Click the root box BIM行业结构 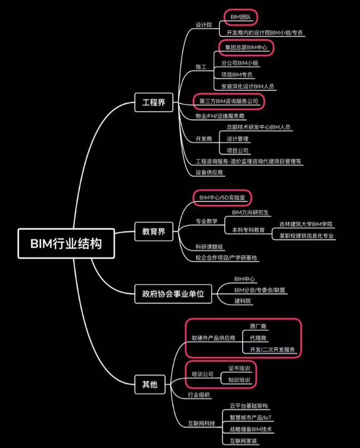[x=66, y=244]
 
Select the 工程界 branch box [x=154, y=102]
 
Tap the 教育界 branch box [x=154, y=231]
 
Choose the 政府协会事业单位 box [x=173, y=294]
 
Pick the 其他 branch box [x=150, y=385]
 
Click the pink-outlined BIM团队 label [x=241, y=17]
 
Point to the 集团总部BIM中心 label [x=246, y=47]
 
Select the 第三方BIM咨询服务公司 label [x=229, y=101]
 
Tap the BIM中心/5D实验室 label [x=222, y=197]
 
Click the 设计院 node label [x=204, y=25]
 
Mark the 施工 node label [x=201, y=67]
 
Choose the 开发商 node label [x=204, y=139]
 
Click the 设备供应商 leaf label [x=209, y=173]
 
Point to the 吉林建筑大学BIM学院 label [x=306, y=225]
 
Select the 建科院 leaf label [x=243, y=301]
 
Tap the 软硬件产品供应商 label [x=213, y=338]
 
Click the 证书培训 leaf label [x=239, y=369]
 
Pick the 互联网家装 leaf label [x=243, y=441]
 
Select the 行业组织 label [x=198, y=395]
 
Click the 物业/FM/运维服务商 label [x=220, y=116]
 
